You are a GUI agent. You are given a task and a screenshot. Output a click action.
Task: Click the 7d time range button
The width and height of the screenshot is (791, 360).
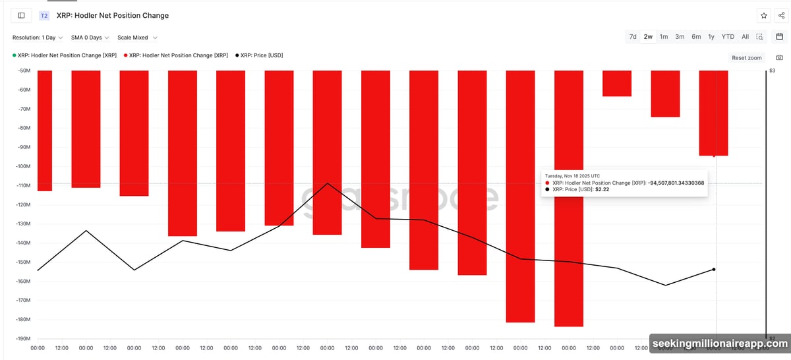633,37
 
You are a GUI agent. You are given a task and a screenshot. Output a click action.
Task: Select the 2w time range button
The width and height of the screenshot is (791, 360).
649,37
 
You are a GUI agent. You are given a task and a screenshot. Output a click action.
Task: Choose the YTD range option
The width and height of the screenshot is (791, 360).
728,37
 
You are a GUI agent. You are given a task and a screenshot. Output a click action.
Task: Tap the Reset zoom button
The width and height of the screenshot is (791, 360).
747,58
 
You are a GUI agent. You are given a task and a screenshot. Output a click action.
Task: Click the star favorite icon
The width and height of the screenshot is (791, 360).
763,15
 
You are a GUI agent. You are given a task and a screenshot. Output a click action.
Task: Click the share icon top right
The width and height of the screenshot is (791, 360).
781,15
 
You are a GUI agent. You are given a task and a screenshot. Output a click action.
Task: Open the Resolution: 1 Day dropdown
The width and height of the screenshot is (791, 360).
38,38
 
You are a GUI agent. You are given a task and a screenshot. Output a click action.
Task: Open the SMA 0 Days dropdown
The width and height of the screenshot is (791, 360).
90,38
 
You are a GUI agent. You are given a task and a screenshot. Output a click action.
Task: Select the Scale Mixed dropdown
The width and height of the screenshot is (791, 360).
137,38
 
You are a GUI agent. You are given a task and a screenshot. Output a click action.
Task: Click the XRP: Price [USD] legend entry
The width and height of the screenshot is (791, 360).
261,55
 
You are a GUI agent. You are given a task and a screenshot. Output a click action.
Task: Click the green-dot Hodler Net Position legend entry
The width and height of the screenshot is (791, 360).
64,55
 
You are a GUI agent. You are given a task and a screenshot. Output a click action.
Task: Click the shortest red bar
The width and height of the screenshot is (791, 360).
617,84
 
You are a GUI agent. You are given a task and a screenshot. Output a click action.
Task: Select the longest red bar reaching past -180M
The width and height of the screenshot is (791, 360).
569,198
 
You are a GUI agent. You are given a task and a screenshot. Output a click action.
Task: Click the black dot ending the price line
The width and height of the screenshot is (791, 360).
714,269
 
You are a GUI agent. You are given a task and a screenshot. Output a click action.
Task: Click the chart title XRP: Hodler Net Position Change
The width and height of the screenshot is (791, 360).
112,15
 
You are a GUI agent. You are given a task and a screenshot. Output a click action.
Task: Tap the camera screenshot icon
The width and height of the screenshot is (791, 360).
779,58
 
